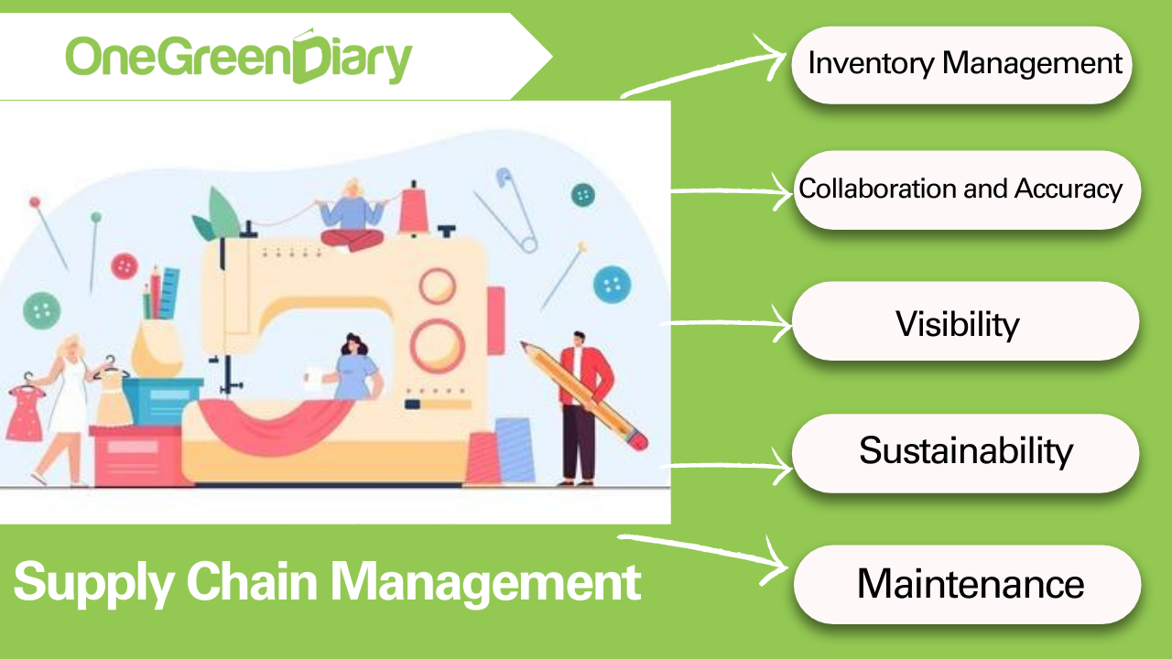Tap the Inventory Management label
coord(964,64)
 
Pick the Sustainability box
coord(965,452)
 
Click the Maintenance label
coord(969,584)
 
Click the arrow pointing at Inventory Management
coord(705,73)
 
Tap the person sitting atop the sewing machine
coord(352,216)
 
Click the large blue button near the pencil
coord(612,284)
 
